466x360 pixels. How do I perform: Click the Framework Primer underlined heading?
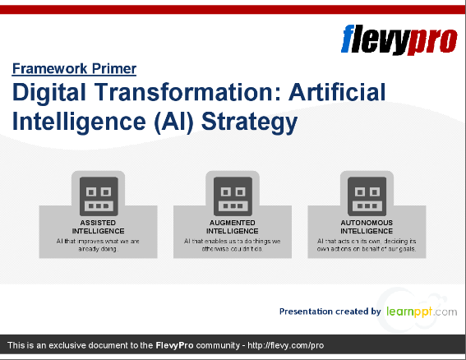click(74, 69)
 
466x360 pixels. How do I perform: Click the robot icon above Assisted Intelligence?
click(98, 196)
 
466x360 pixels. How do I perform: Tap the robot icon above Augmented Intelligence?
click(233, 196)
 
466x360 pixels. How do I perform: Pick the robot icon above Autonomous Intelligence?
click(367, 196)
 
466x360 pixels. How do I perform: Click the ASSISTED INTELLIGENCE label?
click(98, 227)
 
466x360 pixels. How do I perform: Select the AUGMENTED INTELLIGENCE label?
click(233, 227)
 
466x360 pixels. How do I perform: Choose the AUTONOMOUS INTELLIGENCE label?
click(367, 227)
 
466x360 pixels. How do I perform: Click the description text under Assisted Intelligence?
click(98, 245)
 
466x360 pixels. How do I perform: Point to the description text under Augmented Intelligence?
click(233, 245)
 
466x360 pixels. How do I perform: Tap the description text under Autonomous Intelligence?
click(367, 245)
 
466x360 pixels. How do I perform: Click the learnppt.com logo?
click(422, 312)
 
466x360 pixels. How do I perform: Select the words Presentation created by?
click(330, 312)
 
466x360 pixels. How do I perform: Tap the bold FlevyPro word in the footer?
click(174, 344)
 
